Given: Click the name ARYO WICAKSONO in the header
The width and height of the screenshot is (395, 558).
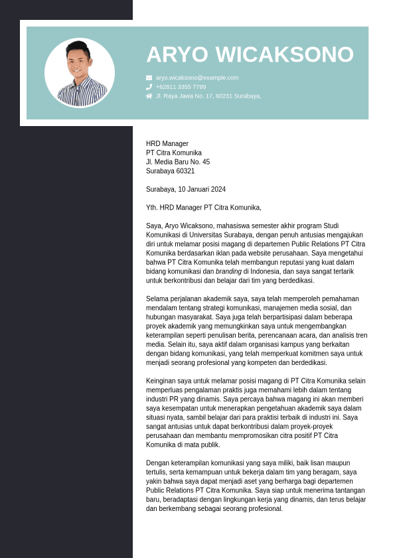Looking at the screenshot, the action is (x=250, y=55).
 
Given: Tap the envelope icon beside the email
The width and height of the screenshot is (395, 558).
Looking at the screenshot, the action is (x=149, y=78).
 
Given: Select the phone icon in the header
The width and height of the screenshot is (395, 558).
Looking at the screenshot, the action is (x=149, y=87).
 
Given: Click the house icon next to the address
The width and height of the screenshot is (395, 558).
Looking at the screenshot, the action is (x=149, y=96).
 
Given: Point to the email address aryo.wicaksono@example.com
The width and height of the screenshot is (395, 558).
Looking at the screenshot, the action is (x=197, y=78).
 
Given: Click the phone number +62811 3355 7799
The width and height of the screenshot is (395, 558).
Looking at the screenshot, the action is (x=181, y=87).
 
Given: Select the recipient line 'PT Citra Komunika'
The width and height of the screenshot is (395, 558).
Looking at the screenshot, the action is (x=174, y=153).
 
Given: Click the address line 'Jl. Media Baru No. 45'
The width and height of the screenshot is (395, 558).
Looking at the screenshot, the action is (x=178, y=162).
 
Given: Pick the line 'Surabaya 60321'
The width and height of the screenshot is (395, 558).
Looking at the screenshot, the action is (x=171, y=171).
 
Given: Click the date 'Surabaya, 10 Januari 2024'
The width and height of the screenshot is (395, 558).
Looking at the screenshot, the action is (x=186, y=189).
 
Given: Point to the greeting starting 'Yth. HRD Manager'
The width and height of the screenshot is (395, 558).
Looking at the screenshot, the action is (x=204, y=208).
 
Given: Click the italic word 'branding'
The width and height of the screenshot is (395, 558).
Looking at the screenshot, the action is (x=228, y=271).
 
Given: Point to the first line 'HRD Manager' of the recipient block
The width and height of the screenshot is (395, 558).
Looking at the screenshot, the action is (x=167, y=143).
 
